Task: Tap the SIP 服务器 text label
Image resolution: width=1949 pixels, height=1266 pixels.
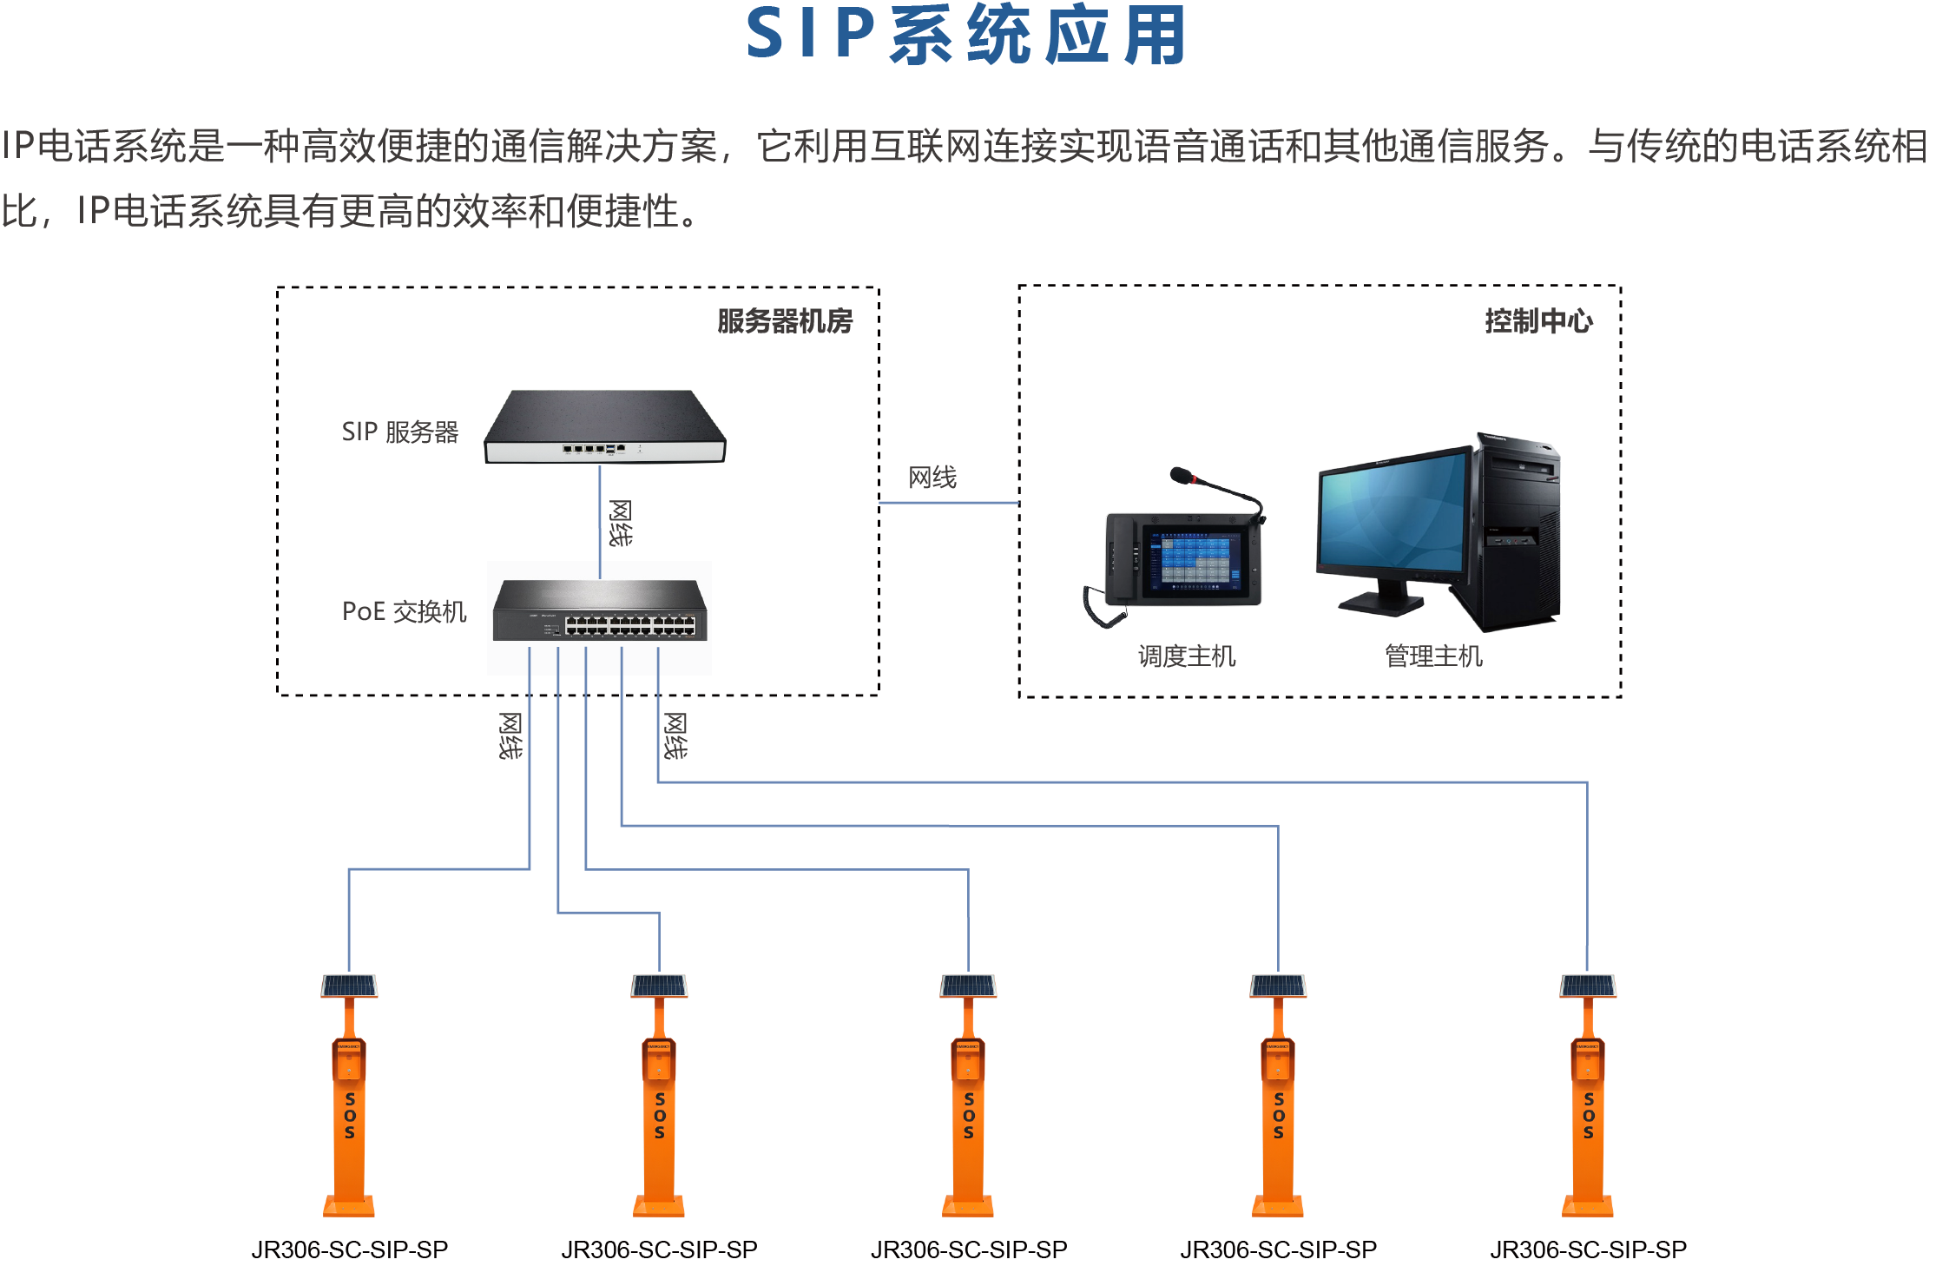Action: tap(399, 432)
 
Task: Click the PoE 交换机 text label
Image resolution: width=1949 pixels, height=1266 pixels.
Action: tap(404, 611)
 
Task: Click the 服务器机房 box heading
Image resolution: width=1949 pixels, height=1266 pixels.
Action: tap(785, 321)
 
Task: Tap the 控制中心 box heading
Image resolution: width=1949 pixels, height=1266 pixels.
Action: tap(1538, 321)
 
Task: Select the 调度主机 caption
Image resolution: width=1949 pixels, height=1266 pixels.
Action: tap(1186, 656)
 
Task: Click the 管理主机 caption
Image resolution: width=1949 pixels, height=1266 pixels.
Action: tap(1433, 656)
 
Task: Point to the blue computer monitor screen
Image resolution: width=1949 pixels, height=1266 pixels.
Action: tap(1393, 511)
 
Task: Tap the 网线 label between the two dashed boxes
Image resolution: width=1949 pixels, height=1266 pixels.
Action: tap(932, 478)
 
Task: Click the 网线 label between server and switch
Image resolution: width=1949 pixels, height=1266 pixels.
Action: tap(620, 523)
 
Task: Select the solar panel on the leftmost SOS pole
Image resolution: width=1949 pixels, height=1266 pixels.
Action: tap(349, 986)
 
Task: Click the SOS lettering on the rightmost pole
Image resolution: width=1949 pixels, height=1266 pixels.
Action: tap(1588, 1116)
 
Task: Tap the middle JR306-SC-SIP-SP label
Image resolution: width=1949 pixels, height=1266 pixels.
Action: tap(969, 1250)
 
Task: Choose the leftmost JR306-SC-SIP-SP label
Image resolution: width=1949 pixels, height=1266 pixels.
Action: tap(350, 1250)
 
